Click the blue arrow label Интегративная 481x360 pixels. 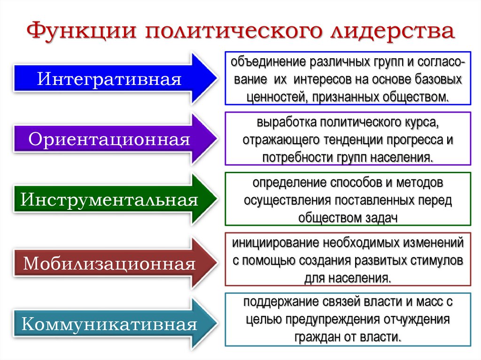click(109, 78)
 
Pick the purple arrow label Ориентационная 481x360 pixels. click(109, 139)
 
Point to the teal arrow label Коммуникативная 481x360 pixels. click(109, 324)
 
